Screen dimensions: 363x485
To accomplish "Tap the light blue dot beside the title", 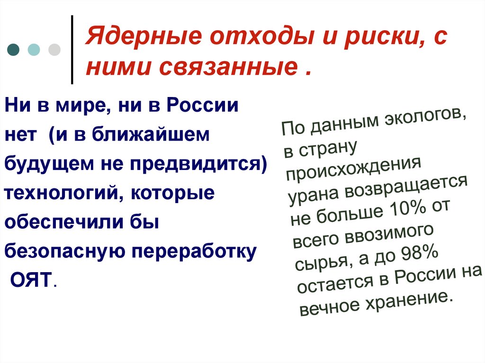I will click(34, 50).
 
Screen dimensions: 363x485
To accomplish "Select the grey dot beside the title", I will click(54, 50).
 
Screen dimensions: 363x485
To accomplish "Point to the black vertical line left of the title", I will click(72, 49).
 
